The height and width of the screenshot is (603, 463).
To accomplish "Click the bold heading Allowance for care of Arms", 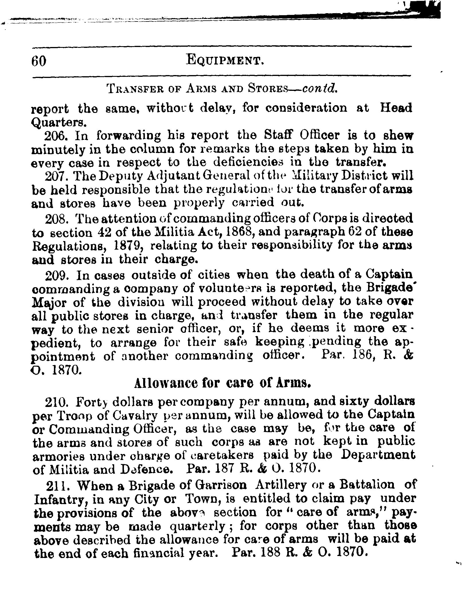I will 223,383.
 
